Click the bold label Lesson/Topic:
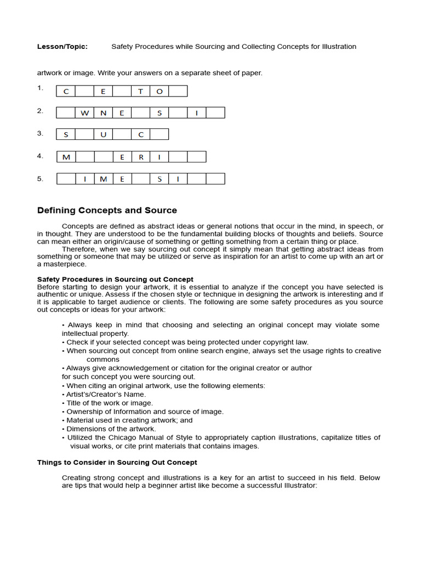coord(62,47)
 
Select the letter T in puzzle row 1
coord(140,91)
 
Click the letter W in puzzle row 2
coord(84,113)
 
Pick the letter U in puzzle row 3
coord(103,134)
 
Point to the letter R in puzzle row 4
coord(140,157)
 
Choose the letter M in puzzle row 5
coord(103,179)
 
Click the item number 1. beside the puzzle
coord(40,88)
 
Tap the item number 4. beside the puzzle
coord(40,156)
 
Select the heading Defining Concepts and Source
coord(107,210)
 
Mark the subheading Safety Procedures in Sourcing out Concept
coord(115,279)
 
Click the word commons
coord(103,359)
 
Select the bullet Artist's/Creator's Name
coord(106,394)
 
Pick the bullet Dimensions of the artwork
coord(111,429)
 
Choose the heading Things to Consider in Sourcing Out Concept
coord(117,463)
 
